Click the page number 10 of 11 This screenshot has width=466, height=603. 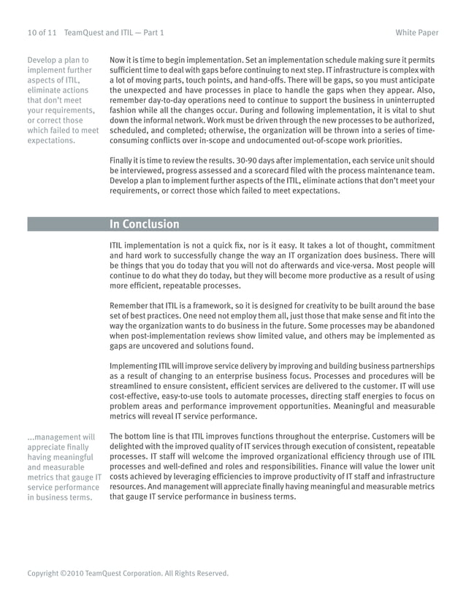[x=42, y=33]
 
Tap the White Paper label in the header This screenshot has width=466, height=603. [x=417, y=33]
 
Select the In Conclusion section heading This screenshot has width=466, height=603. [x=144, y=224]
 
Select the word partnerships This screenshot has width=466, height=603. [x=410, y=366]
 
